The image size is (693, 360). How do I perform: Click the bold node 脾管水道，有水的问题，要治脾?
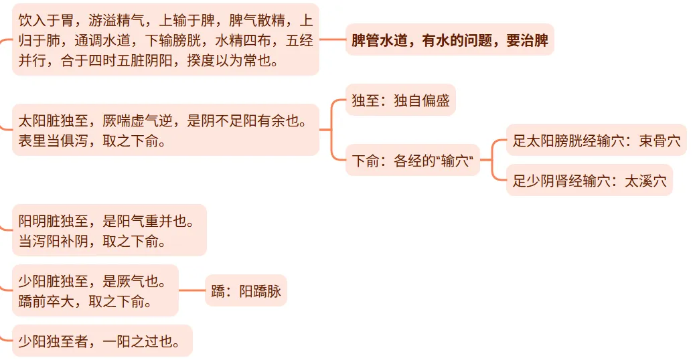[449, 39]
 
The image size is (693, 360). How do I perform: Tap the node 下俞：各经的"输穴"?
[412, 161]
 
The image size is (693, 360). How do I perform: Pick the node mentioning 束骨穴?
[596, 141]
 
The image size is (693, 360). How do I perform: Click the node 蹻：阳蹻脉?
[246, 291]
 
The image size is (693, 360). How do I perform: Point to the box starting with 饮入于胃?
[165, 39]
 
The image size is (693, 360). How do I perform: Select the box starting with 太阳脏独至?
[165, 130]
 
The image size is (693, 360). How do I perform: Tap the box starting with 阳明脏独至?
[109, 231]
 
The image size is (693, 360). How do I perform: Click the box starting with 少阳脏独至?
[95, 291]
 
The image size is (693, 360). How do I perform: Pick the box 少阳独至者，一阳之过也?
[102, 341]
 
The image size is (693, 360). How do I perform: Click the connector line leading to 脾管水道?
[332, 39]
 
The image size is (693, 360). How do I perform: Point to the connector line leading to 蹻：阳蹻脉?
[191, 291]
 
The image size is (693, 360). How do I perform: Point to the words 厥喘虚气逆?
[137, 121]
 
